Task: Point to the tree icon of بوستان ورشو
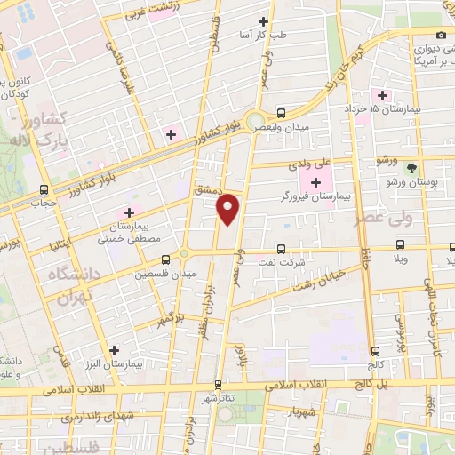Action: tap(411, 168)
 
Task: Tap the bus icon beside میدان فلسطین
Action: tap(165, 260)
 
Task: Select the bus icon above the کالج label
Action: tap(376, 351)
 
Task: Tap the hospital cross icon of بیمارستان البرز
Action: tap(113, 350)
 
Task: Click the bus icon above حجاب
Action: tap(44, 189)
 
